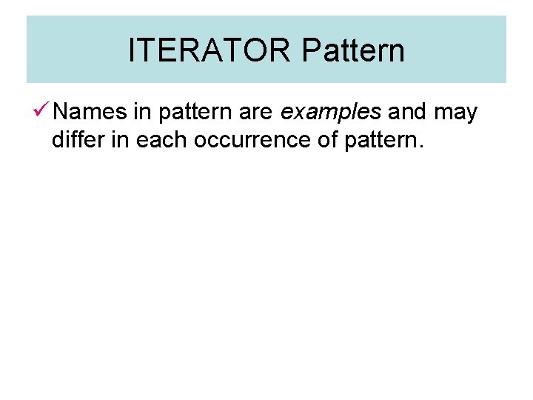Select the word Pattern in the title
tap(353, 51)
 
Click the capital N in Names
tap(61, 113)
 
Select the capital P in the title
tap(311, 51)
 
